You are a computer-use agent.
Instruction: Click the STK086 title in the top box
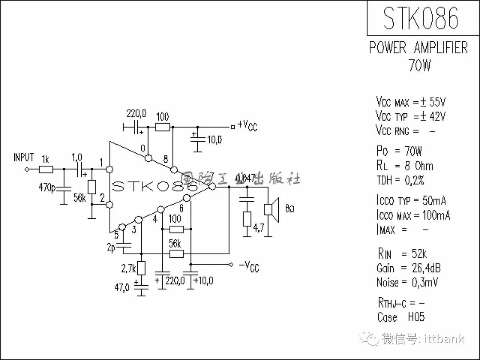click(x=420, y=18)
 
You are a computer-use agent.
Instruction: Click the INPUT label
click(x=24, y=157)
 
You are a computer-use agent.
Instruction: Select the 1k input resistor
click(x=46, y=169)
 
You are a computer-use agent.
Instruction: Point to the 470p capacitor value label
click(x=47, y=188)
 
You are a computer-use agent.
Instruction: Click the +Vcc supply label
click(x=248, y=126)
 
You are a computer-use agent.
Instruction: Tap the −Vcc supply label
click(x=248, y=266)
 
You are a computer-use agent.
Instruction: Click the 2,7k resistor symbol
click(x=141, y=268)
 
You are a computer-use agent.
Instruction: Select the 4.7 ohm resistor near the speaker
click(x=247, y=219)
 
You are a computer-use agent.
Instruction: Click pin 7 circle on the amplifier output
click(x=212, y=187)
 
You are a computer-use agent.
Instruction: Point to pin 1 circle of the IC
click(x=110, y=169)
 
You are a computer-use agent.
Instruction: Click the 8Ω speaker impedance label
click(x=289, y=208)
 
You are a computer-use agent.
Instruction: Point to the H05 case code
click(x=416, y=317)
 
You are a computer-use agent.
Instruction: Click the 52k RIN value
click(x=419, y=254)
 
